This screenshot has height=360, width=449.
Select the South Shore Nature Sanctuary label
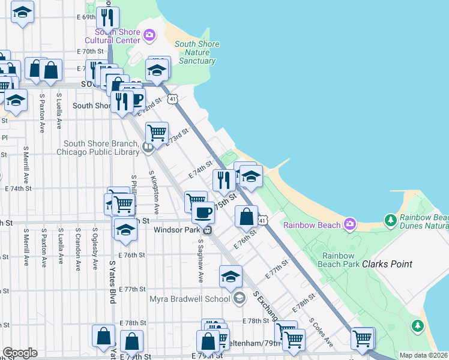point(197,52)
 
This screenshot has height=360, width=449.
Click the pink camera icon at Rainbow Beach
point(350,225)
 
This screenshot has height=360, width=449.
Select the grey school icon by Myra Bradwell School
point(239,298)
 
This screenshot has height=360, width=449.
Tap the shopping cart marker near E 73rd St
point(156,132)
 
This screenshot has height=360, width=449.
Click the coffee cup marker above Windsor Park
point(203,212)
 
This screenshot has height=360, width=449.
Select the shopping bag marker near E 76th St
point(246,217)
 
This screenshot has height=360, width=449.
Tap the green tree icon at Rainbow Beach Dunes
point(391,220)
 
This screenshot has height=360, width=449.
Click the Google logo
point(19,353)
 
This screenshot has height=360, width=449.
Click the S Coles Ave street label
point(321,332)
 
